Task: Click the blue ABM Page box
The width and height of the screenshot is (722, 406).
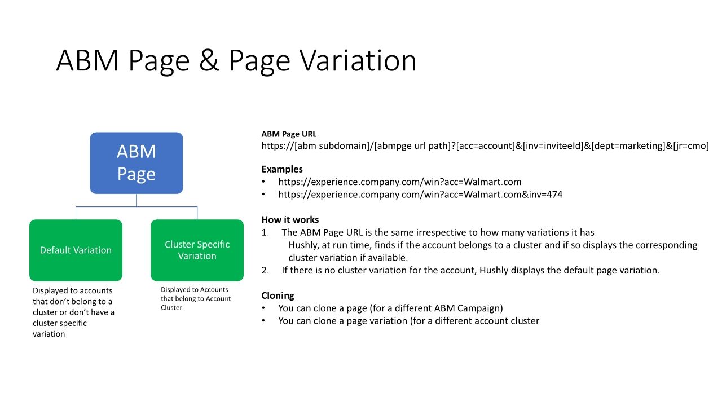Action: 137,163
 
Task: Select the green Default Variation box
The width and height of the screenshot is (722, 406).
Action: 76,250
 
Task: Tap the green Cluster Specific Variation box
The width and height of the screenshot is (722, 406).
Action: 197,250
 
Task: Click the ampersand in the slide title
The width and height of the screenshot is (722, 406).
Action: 209,60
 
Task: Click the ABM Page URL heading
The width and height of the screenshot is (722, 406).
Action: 289,134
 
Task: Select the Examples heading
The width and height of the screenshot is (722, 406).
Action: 282,169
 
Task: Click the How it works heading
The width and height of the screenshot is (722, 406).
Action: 290,220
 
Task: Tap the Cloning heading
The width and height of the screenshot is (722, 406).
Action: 278,295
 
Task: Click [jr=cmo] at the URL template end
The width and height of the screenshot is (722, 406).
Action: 691,145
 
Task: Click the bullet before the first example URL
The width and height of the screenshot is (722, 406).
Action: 263,182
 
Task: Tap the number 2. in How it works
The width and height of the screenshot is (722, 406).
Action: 265,270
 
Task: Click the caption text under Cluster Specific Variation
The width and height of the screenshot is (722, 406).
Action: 195,298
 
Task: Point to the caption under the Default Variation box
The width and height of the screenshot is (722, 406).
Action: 73,312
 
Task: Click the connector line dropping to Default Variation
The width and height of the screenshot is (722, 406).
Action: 76,213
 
